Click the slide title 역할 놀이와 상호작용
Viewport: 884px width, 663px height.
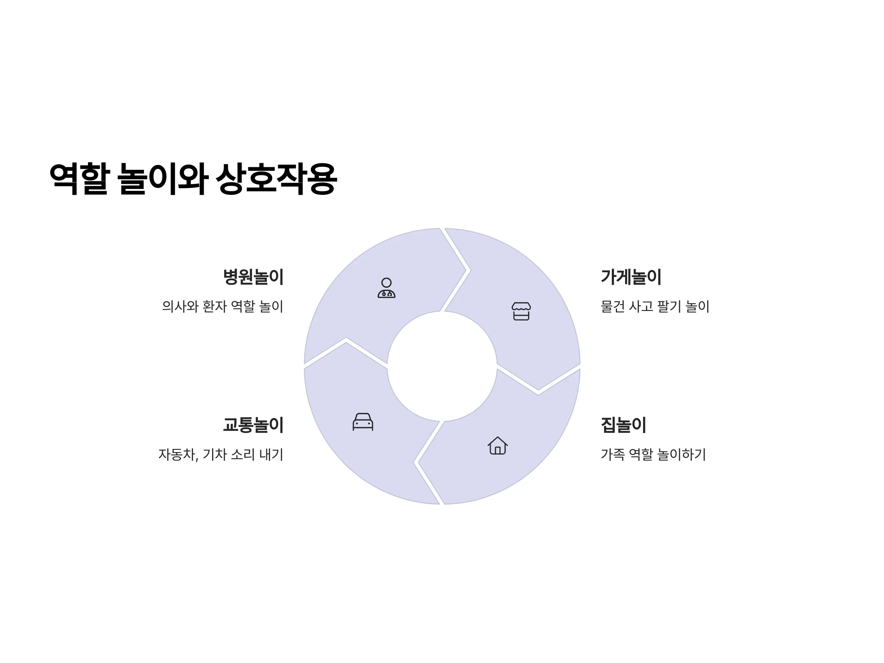pos(193,179)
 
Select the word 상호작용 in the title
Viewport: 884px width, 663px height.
pos(277,179)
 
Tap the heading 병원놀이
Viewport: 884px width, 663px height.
pos(253,277)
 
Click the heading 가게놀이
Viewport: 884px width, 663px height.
pos(631,277)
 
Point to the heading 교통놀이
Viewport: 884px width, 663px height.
pos(253,425)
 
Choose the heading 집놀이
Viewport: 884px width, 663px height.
pos(624,425)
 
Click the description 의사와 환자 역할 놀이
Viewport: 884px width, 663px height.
pos(222,306)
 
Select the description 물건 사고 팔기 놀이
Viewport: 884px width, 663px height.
pos(655,306)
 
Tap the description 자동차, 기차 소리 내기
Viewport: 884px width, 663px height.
pos(221,455)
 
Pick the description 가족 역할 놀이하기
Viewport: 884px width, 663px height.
pos(653,455)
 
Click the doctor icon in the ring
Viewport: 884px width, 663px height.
pos(386,288)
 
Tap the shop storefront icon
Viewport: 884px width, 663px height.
pos(521,311)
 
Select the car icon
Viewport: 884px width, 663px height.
pos(363,422)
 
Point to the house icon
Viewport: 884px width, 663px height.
pos(498,445)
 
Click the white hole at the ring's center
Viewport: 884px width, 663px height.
pos(442,366)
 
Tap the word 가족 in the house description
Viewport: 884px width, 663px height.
pos(613,455)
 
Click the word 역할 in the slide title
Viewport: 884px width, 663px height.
pos(79,179)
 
